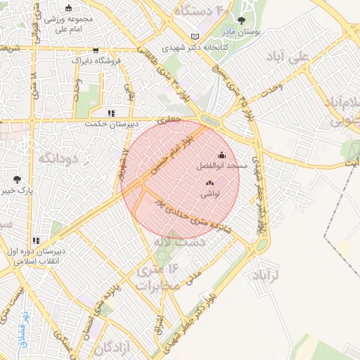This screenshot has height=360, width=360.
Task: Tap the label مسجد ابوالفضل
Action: coord(222,165)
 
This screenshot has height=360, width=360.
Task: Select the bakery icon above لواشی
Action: coord(210,183)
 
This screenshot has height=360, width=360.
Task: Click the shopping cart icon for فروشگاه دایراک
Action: coord(96,50)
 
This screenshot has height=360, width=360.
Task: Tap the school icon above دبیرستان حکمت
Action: coord(110,112)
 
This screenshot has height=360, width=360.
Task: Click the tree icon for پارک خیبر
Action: coord(18,179)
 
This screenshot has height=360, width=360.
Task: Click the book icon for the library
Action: coord(195,37)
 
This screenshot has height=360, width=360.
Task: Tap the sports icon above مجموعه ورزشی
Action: coord(67,8)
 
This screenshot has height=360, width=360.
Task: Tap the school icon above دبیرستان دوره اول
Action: coord(36,241)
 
